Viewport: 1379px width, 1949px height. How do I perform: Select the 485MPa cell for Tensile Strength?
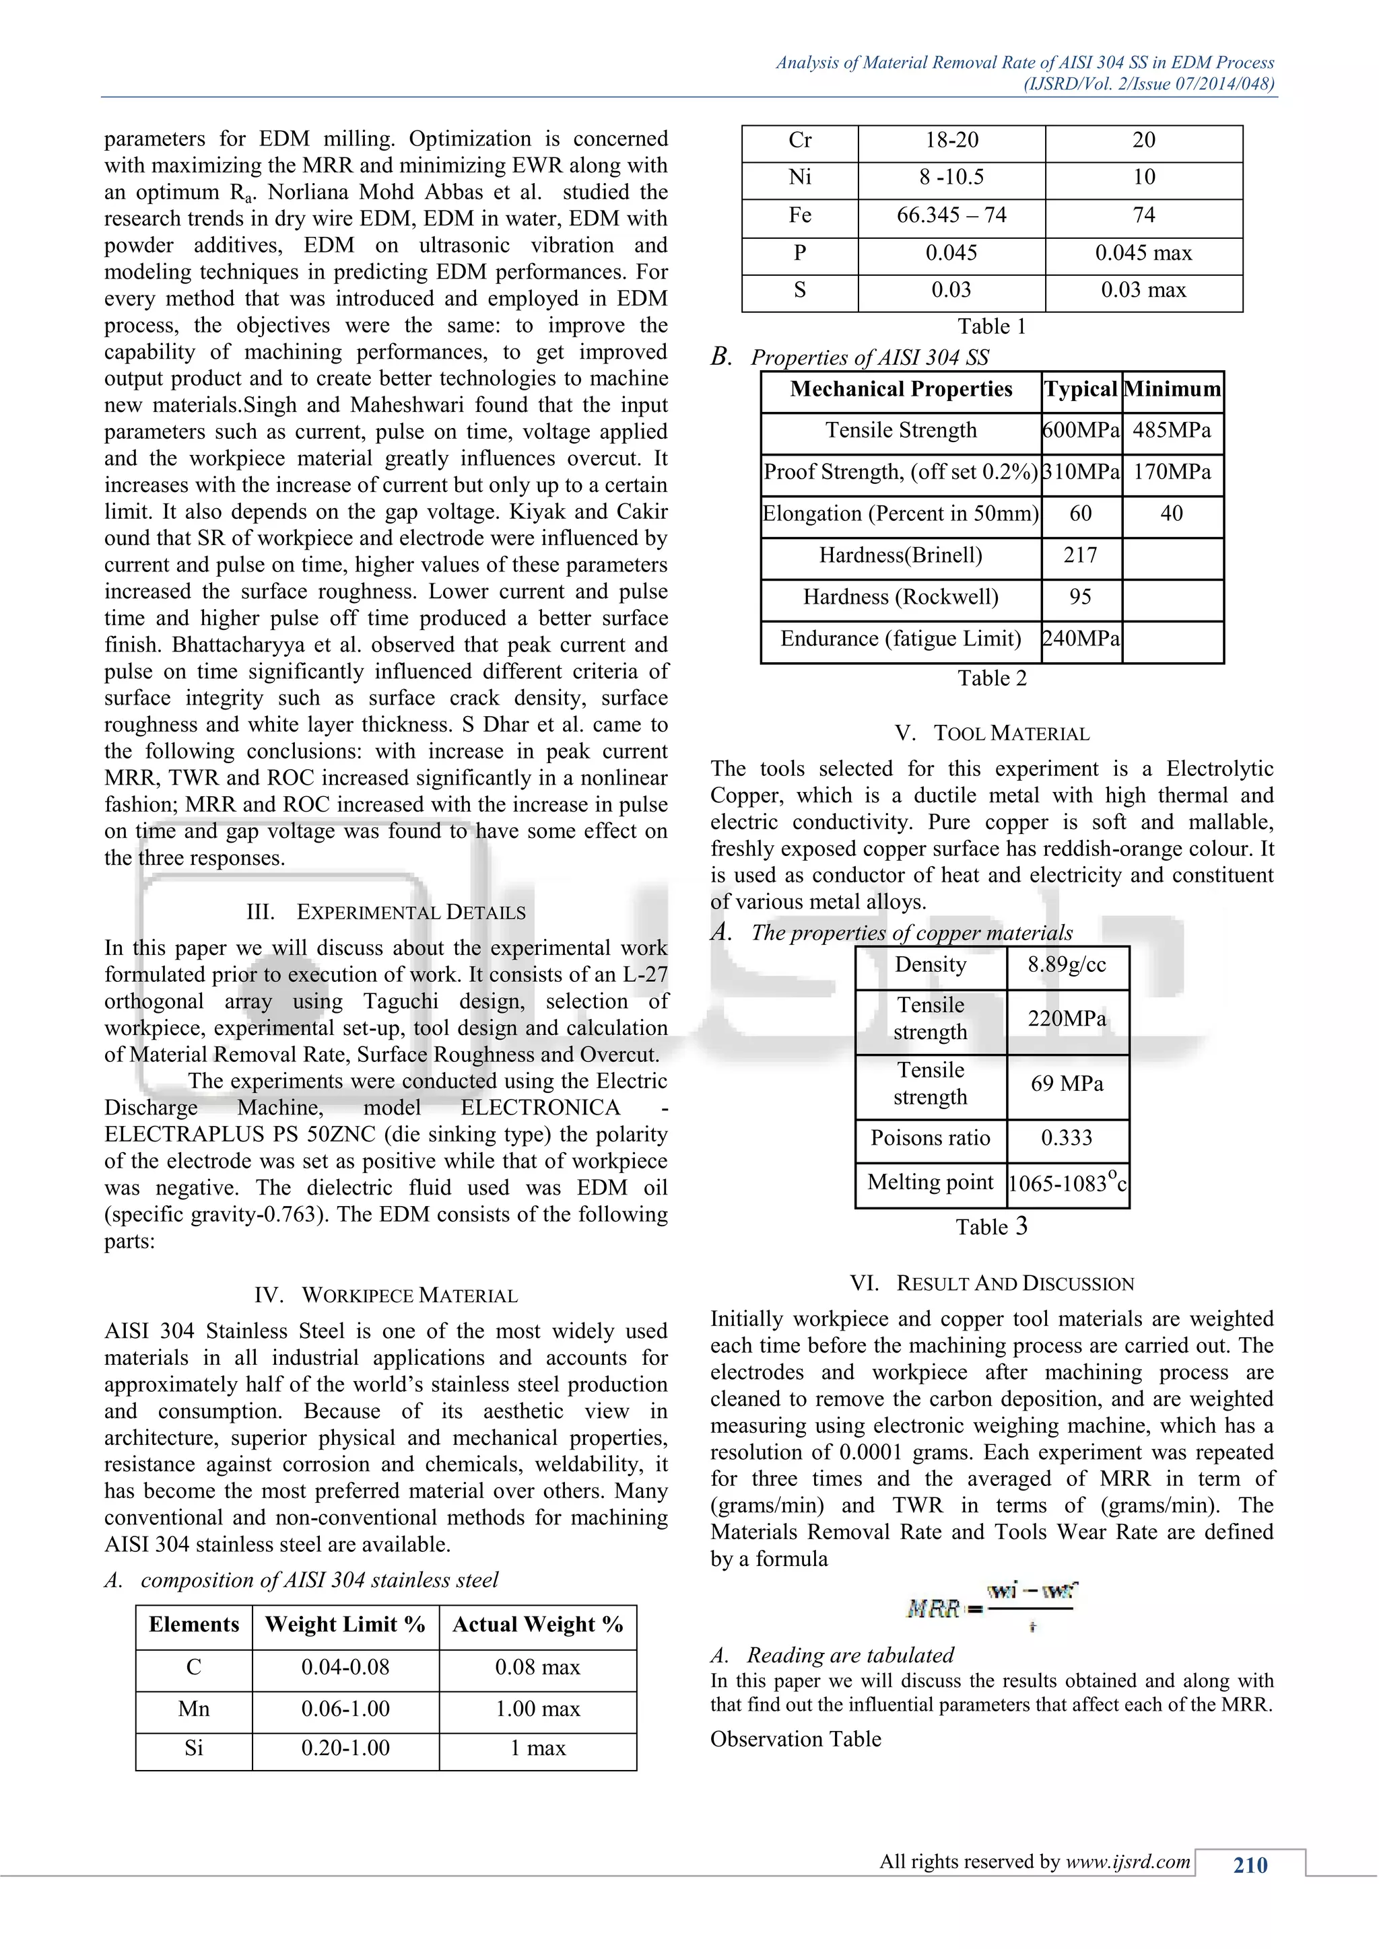(x=1171, y=430)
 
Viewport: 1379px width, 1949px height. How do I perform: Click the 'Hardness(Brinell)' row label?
(x=900, y=556)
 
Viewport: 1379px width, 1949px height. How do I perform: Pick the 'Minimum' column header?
(x=1172, y=390)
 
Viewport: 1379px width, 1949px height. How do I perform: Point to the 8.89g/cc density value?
(x=1067, y=965)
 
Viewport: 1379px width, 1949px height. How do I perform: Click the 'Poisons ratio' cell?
(x=930, y=1138)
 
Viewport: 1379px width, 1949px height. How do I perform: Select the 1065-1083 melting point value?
(x=1067, y=1183)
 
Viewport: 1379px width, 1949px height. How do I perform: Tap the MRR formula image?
(x=991, y=1607)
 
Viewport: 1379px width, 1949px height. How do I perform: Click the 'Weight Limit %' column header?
(x=345, y=1625)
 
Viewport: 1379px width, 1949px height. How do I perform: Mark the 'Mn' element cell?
(x=194, y=1709)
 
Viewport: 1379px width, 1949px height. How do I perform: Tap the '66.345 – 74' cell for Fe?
(x=951, y=215)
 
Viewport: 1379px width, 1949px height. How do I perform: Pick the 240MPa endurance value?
(x=1080, y=639)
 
